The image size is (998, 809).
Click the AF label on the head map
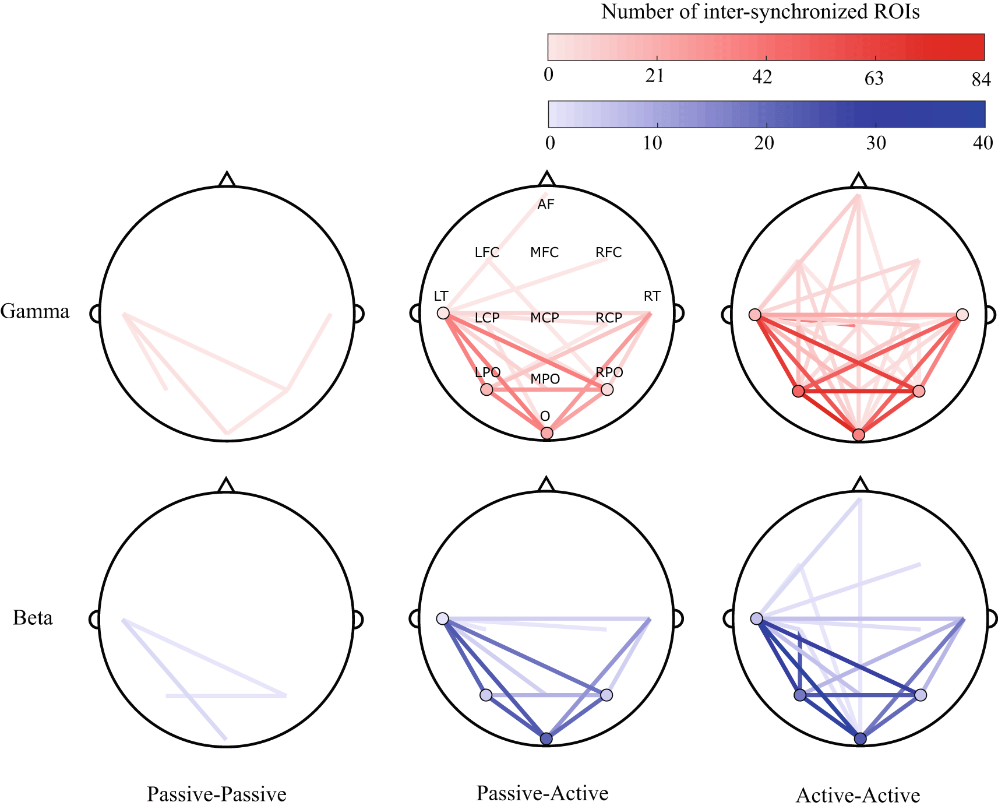(546, 205)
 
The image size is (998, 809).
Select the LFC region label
(487, 252)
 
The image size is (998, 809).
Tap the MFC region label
(545, 252)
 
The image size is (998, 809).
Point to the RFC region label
(609, 252)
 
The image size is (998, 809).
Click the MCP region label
(545, 318)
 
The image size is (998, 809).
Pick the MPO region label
(545, 379)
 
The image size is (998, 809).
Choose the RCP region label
(609, 318)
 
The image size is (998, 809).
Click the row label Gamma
(35, 312)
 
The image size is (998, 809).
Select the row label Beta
(33, 618)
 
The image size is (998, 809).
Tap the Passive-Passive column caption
(217, 794)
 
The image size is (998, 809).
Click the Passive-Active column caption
(542, 793)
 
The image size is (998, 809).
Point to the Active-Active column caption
(858, 795)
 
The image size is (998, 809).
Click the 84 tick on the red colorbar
(981, 79)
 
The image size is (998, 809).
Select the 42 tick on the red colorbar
(762, 77)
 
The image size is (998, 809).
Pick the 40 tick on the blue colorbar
(983, 143)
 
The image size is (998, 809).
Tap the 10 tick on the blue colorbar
(653, 143)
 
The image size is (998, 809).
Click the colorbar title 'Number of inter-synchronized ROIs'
(760, 12)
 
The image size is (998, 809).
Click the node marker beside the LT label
(443, 314)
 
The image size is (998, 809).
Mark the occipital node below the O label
(546, 433)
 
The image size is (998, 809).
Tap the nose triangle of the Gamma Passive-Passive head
(227, 180)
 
